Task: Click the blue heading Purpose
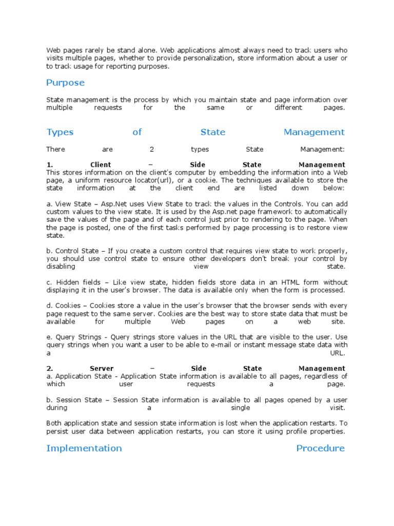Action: click(65, 83)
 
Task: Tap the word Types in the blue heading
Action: click(60, 133)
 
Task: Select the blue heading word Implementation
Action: click(84, 448)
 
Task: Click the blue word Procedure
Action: click(320, 448)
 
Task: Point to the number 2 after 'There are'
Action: click(151, 149)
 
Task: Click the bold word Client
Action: click(101, 165)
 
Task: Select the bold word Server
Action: click(102, 368)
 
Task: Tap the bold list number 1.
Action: click(50, 165)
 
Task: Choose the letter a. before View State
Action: click(49, 204)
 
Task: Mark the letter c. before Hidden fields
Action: click(49, 283)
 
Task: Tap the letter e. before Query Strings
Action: click(49, 337)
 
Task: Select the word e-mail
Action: click(221, 345)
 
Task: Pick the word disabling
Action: click(61, 267)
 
